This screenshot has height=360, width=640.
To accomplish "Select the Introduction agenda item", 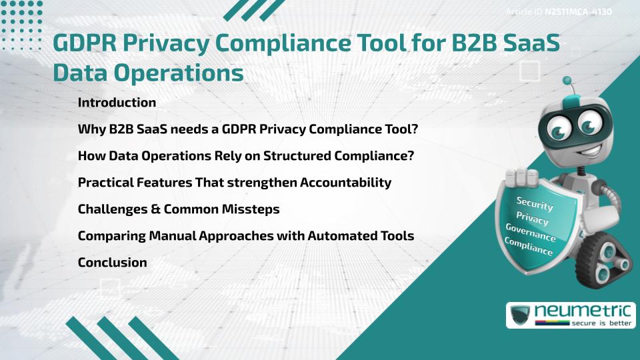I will [117, 103].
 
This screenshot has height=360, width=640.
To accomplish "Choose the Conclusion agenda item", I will [112, 263].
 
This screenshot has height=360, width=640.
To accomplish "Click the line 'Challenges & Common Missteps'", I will [178, 209].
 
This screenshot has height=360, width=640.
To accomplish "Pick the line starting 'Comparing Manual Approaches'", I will [245, 236].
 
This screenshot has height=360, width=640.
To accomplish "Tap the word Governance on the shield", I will [530, 233].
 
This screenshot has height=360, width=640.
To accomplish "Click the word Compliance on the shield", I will [528, 247].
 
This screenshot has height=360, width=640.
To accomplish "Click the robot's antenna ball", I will [568, 82].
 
